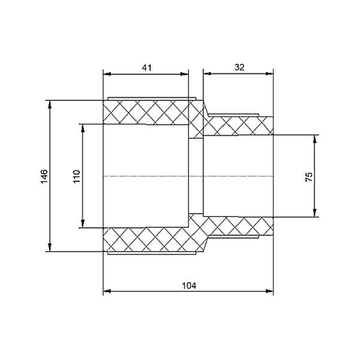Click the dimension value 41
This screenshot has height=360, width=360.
147,68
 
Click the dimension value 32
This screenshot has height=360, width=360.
239,67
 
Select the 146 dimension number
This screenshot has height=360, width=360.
44,176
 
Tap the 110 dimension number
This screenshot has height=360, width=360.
76,176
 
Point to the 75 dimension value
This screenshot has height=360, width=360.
309,177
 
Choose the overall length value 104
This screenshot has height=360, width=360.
189,286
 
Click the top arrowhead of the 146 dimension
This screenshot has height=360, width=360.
50,104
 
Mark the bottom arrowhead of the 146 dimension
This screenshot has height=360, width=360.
50,248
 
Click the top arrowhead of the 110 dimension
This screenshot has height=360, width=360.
83,128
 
